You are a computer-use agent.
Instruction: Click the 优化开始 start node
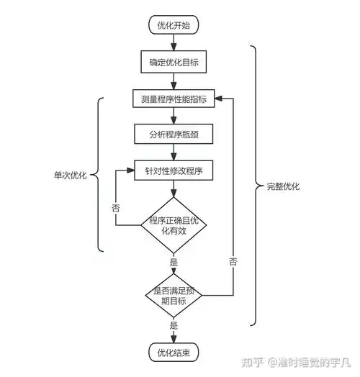[x=174, y=26]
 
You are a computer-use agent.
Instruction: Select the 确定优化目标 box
[x=174, y=62]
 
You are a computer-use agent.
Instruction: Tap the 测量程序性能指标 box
[x=174, y=99]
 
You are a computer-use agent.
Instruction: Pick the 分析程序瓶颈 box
[x=174, y=134]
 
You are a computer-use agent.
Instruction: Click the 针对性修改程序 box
[x=174, y=171]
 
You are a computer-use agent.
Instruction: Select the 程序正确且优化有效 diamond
[x=174, y=225]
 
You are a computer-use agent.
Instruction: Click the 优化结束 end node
[x=174, y=353]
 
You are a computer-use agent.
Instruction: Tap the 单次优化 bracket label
[x=70, y=175]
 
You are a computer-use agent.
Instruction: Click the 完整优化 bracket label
[x=282, y=186]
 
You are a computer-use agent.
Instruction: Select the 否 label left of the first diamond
[x=115, y=207]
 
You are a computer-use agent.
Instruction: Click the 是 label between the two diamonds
[x=174, y=262]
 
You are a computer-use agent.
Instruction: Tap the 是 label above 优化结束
[x=174, y=326]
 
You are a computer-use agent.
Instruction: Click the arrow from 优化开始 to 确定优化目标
[x=174, y=43]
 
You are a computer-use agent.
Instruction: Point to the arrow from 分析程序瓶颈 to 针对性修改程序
[x=174, y=153]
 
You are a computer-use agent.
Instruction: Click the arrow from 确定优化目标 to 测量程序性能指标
[x=174, y=80]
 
